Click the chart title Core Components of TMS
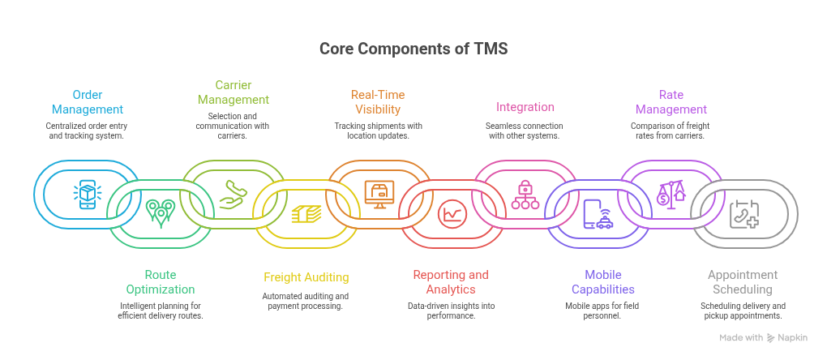[413, 49]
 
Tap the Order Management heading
[88, 102]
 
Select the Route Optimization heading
[160, 282]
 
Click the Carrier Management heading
[234, 92]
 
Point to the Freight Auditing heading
[306, 276]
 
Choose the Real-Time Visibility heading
[378, 102]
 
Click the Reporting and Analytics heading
[451, 282]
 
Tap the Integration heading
[525, 107]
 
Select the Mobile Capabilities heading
[602, 282]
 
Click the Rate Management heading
[671, 102]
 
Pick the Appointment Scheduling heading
[743, 282]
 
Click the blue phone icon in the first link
[88, 195]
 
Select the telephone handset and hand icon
[234, 195]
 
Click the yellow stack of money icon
[306, 213]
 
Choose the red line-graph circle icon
[452, 214]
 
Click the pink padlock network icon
[525, 195]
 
